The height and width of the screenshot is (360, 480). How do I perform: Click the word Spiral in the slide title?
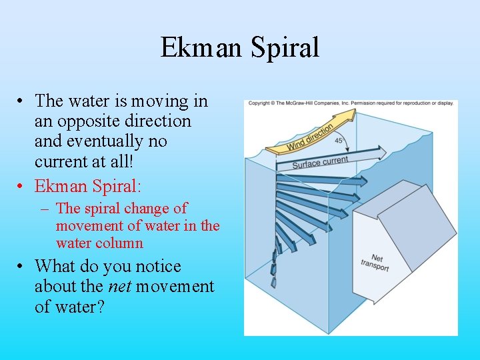tap(284, 48)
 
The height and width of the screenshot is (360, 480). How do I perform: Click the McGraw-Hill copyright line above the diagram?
tap(350, 103)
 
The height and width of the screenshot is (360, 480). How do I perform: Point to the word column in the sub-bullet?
tap(119, 243)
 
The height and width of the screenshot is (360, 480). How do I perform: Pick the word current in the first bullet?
tap(59, 161)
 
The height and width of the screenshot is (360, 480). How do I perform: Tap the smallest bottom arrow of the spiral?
tap(273, 282)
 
